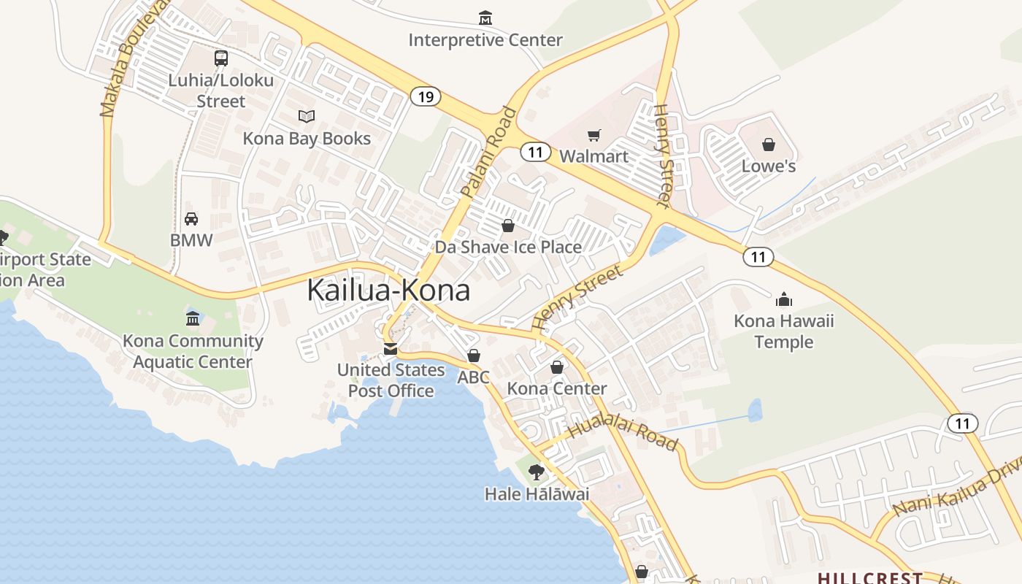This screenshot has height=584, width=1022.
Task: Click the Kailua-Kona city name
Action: point(388,291)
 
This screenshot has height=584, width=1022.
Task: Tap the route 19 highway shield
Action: point(425,96)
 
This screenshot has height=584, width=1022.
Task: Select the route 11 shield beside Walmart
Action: point(536,152)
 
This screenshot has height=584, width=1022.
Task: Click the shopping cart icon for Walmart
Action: point(594,135)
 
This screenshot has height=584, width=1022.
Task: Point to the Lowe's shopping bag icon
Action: point(768,145)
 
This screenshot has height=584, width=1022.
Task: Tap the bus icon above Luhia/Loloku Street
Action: point(220,58)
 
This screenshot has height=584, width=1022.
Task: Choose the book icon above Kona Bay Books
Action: point(307,117)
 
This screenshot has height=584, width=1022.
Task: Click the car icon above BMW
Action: point(191,219)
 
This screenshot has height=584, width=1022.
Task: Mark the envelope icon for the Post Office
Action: point(391,348)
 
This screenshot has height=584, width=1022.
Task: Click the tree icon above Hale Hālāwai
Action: point(537,472)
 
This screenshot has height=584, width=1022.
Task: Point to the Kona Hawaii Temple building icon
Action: point(784,299)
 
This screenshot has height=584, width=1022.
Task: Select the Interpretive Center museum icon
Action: point(485,18)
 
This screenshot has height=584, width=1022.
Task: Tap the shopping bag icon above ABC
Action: point(474,356)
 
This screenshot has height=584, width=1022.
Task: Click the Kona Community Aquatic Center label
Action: point(193,351)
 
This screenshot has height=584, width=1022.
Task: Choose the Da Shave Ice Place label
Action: point(508,247)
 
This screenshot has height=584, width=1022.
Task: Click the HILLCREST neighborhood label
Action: point(869,577)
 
